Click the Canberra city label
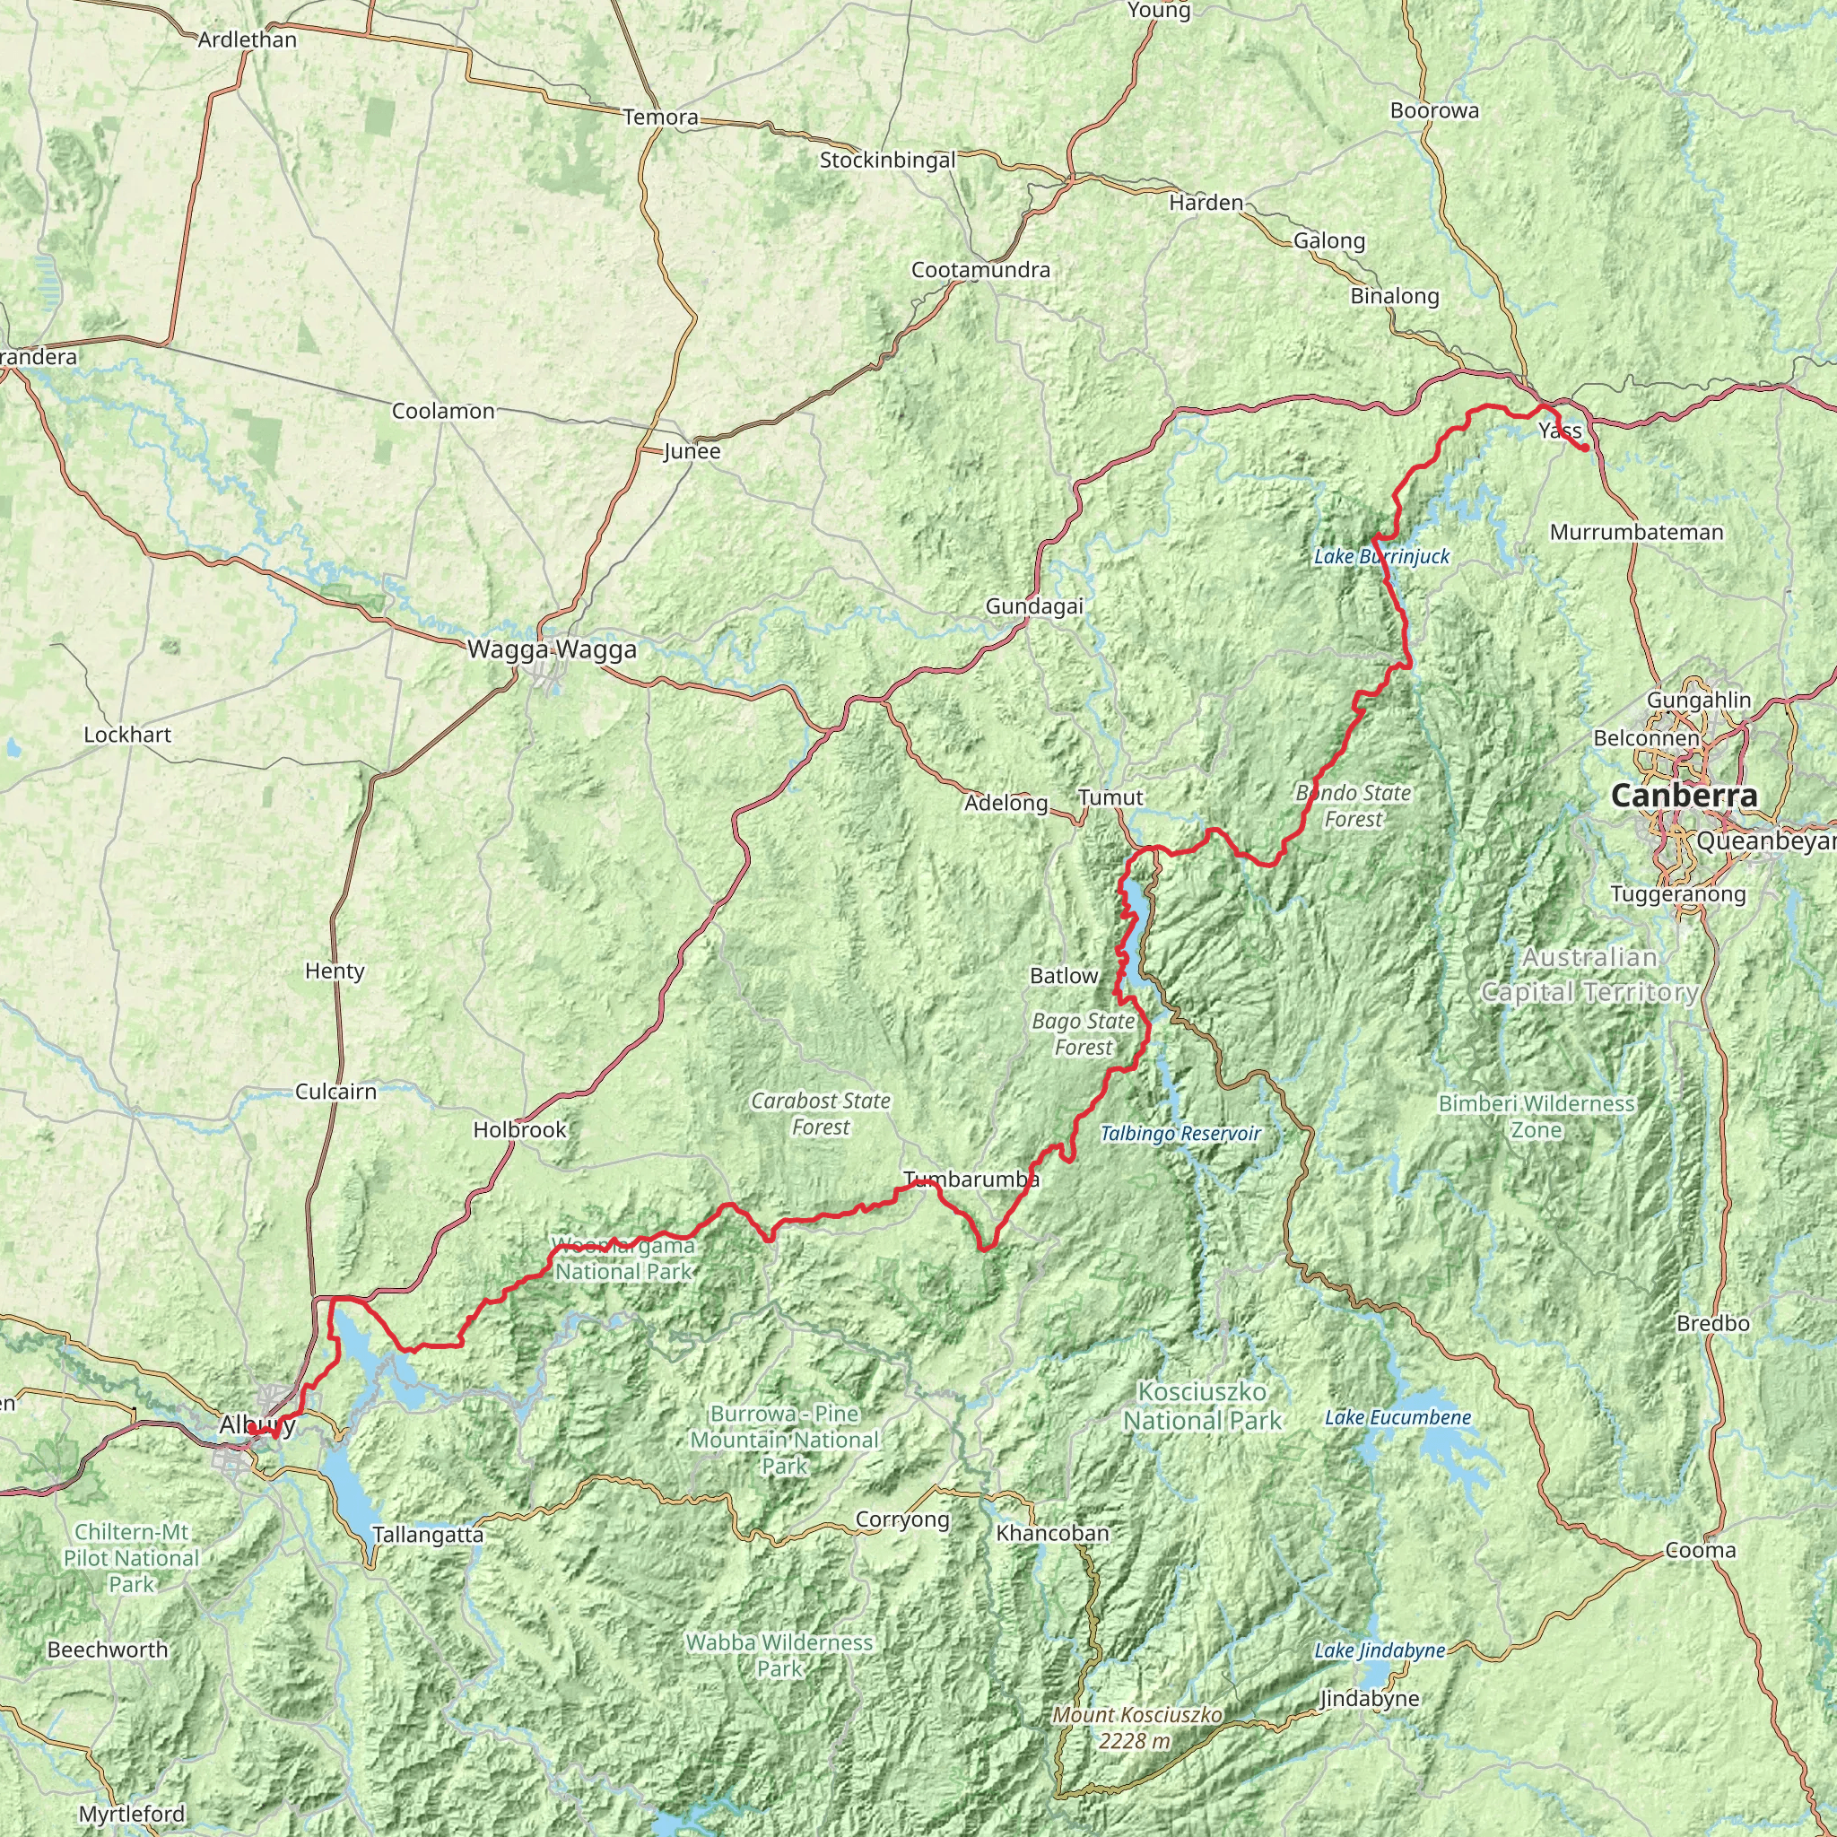point(1683,796)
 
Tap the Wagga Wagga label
point(552,650)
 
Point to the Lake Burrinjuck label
point(1380,556)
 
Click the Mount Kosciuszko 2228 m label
point(1136,1728)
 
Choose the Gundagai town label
point(1033,605)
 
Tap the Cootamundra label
point(980,270)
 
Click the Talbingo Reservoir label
point(1180,1134)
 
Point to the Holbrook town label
point(519,1129)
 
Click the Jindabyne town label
point(1369,1699)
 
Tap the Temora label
point(661,118)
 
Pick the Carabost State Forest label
point(820,1113)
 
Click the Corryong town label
point(902,1519)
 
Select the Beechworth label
point(108,1650)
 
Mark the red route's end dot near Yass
point(1585,448)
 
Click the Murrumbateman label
point(1635,533)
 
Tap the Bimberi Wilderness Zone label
point(1536,1116)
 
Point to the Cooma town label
point(1700,1551)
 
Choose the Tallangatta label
point(428,1535)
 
